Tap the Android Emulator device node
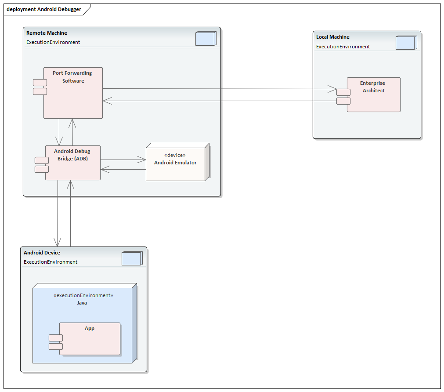(175, 169)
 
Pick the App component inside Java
(90, 341)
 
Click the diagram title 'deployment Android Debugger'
(44, 9)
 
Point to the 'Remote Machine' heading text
(47, 33)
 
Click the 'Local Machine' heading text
(333, 37)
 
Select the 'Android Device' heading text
(42, 253)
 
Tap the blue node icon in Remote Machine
(205, 39)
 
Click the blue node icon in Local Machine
(405, 43)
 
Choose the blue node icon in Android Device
(131, 258)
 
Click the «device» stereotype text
(174, 155)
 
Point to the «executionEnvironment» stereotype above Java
(83, 295)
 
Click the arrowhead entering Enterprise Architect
(332, 89)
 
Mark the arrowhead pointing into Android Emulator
(142, 160)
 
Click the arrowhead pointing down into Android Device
(57, 242)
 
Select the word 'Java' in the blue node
(82, 303)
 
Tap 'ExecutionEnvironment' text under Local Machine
(343, 47)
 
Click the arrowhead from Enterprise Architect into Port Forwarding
(107, 101)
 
